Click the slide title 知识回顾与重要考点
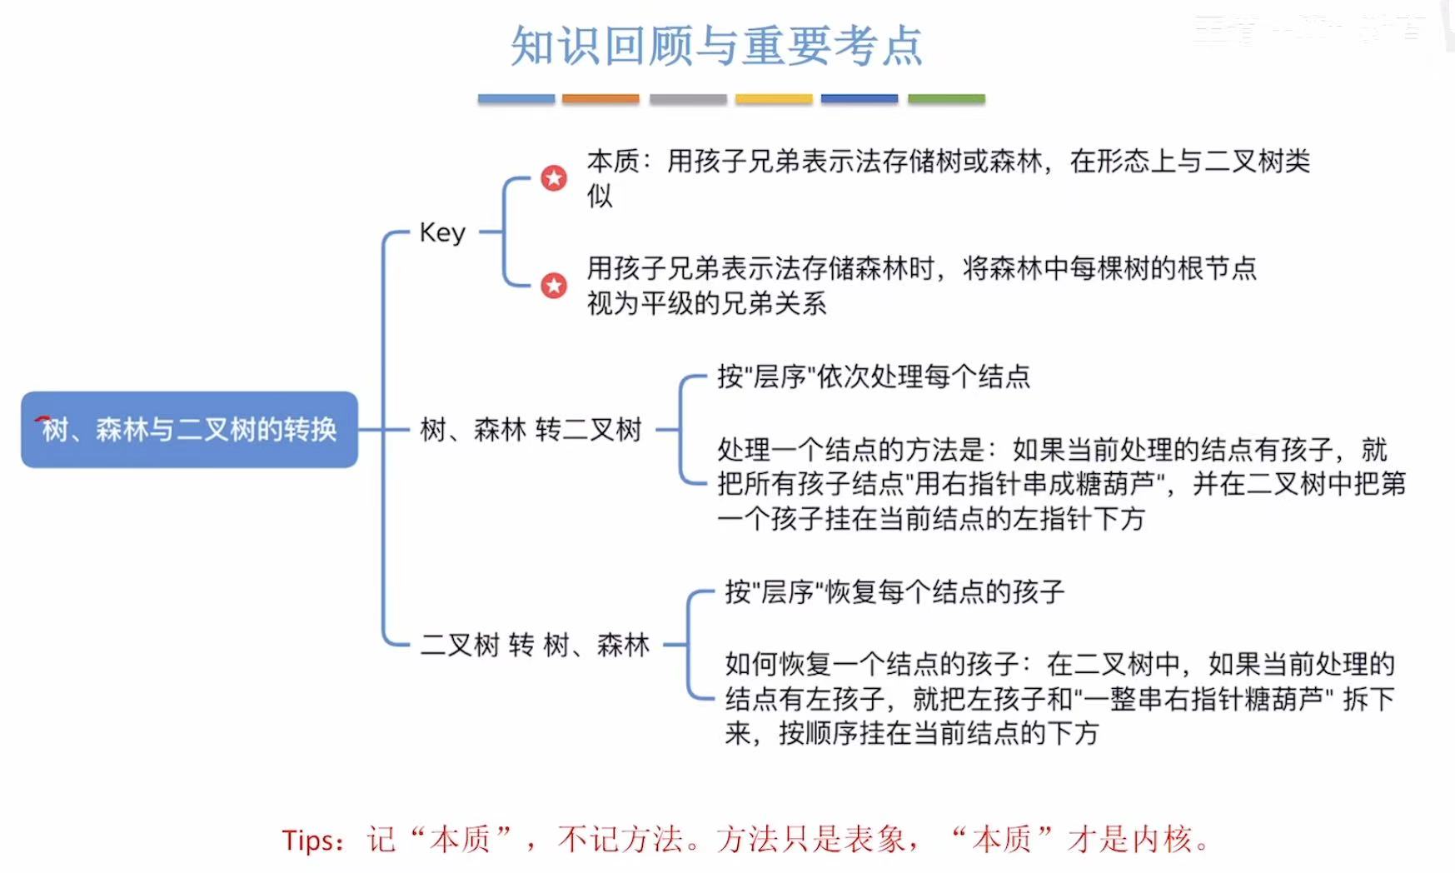coord(716,46)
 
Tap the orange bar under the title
coord(600,98)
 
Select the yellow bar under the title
coord(773,98)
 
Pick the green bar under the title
coord(946,98)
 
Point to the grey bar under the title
coord(688,98)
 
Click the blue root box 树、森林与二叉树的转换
coord(189,429)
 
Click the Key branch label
coord(442,232)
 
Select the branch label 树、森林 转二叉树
coord(531,430)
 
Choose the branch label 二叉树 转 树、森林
coord(535,644)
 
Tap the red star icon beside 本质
coord(554,177)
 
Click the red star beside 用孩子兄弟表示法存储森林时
coord(554,286)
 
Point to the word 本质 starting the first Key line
coord(613,161)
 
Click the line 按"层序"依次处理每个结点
coord(874,377)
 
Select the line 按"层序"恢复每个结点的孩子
coord(894,591)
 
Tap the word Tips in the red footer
coord(307,840)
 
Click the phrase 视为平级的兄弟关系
coord(706,303)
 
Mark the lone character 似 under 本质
coord(600,197)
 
